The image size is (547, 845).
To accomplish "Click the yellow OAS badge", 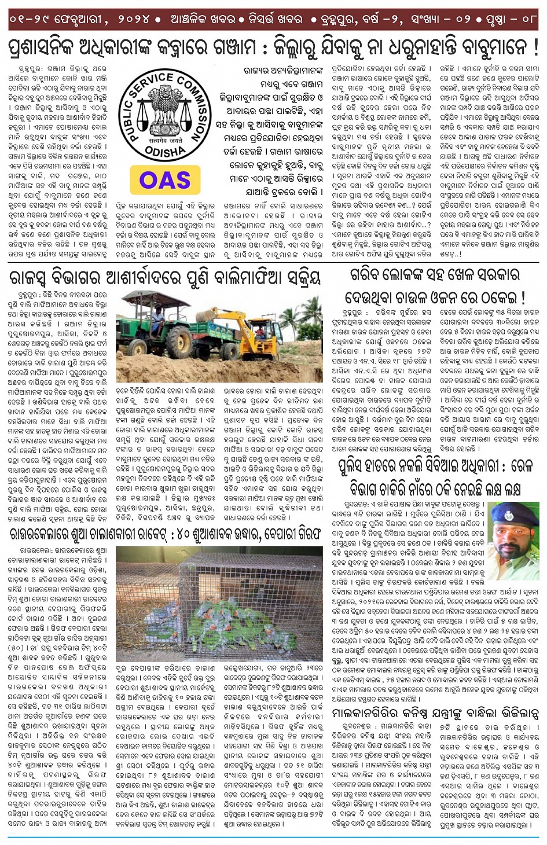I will [165, 180].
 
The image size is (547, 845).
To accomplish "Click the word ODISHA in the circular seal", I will [165, 152].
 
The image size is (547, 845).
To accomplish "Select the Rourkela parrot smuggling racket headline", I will [165, 533].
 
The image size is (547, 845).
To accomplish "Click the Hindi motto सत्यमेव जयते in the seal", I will [165, 139].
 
